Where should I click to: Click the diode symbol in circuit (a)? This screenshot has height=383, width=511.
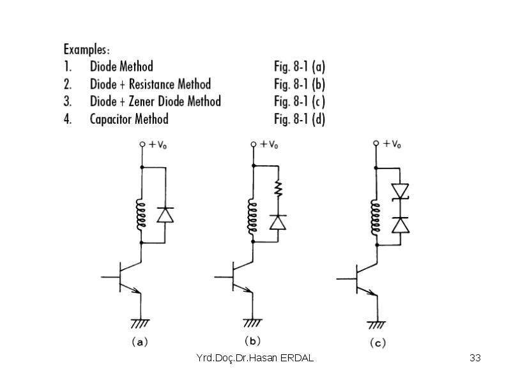coord(165,215)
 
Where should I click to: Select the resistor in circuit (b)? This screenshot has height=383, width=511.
coord(278,189)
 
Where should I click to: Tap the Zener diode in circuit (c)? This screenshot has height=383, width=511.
coord(400,191)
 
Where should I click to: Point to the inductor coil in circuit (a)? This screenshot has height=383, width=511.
coord(141,215)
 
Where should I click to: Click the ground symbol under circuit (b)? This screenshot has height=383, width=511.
coord(252,323)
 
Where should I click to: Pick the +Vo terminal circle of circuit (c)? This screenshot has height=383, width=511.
coord(376,143)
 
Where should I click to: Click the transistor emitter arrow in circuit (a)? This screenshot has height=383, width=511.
coord(135,290)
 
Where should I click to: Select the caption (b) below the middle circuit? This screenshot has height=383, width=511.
coord(252,341)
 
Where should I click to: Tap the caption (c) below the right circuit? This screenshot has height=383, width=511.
coord(378,343)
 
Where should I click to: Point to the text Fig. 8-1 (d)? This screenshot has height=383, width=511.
coord(300,119)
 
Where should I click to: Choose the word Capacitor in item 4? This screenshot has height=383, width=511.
coord(111,119)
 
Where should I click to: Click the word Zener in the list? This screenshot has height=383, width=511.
coord(140,101)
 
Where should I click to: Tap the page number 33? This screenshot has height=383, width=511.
coord(475,357)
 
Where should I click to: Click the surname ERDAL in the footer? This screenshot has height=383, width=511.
coord(297,358)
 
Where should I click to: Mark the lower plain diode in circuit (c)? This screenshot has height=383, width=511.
coord(400,225)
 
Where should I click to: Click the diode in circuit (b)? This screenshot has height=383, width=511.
coord(278,222)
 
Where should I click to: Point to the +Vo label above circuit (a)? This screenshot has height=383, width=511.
coord(158,145)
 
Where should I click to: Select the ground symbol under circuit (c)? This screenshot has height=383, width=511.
coord(376,325)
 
